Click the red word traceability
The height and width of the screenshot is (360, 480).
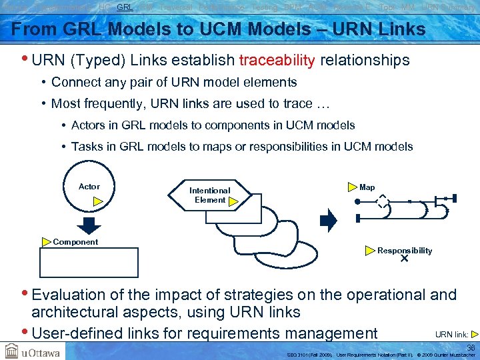click(277, 61)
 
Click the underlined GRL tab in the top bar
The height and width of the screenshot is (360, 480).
click(125, 7)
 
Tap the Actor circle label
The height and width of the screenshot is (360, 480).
click(89, 187)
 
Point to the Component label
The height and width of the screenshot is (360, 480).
click(75, 242)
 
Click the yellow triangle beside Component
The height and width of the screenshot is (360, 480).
click(46, 242)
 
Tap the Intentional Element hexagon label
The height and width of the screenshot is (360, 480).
click(209, 195)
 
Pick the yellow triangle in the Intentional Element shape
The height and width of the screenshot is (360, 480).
click(233, 200)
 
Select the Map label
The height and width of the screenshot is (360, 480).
click(367, 187)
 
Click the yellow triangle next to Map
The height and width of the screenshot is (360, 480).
click(352, 188)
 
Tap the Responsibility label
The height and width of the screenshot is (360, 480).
click(405, 251)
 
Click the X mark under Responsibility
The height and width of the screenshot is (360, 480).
click(404, 259)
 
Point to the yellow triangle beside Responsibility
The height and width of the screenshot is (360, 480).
click(370, 251)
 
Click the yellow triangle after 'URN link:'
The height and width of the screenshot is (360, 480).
click(474, 334)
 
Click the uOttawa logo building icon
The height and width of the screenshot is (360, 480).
click(11, 351)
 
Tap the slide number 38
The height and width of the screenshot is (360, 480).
click(471, 347)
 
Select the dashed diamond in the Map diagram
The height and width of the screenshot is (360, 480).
click(382, 201)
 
